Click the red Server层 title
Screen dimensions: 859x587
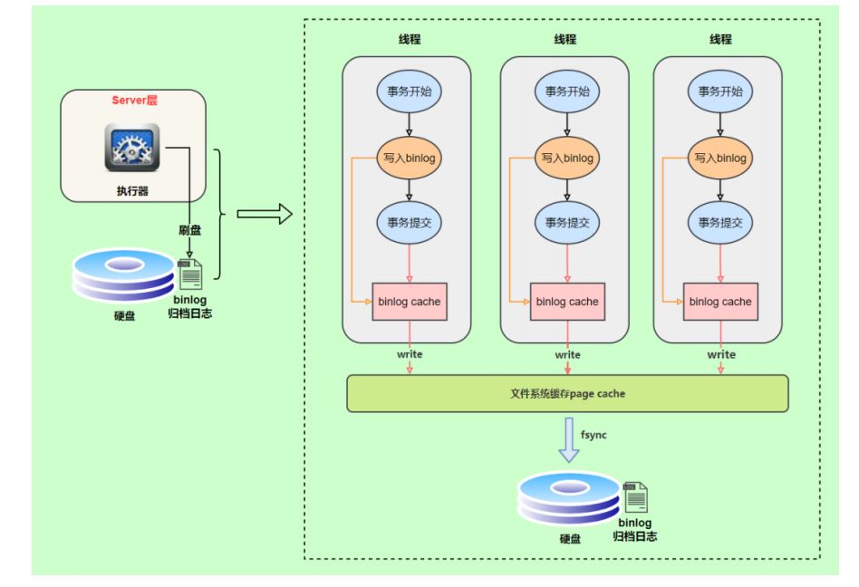click(x=134, y=101)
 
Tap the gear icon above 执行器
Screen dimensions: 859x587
click(x=132, y=148)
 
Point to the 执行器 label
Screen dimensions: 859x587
click(x=132, y=190)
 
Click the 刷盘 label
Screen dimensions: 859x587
click(x=189, y=230)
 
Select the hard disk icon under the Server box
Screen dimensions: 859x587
click(x=124, y=275)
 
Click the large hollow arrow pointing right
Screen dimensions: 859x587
click(x=265, y=214)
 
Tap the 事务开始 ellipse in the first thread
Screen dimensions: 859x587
click(x=410, y=91)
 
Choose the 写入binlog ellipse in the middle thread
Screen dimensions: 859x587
click(x=567, y=159)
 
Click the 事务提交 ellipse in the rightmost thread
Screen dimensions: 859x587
click(x=719, y=223)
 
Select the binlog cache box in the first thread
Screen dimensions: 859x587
click(x=410, y=302)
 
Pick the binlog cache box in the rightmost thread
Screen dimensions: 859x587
click(x=720, y=302)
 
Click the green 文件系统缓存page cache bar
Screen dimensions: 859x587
click(x=567, y=393)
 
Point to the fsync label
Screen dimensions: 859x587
click(x=594, y=435)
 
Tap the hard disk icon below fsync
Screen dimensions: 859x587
click(x=570, y=498)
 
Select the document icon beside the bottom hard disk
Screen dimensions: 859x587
click(x=635, y=497)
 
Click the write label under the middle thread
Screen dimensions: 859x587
click(x=567, y=355)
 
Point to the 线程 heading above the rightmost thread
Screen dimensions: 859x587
click(x=720, y=40)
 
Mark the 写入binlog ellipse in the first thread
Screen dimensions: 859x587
click(x=410, y=159)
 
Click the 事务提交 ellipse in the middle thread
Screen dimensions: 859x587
click(x=567, y=223)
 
